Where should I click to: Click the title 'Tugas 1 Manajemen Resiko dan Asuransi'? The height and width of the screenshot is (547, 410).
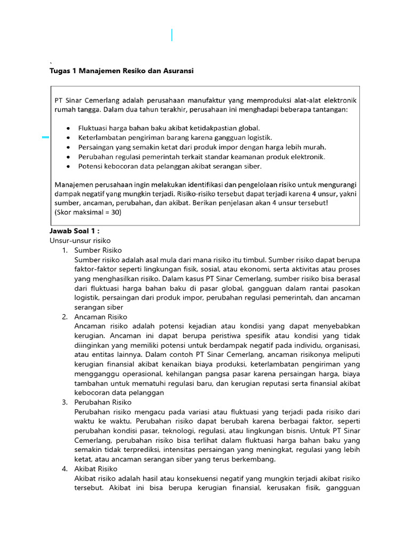pos(121,71)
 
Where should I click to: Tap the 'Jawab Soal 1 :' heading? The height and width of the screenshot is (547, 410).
pos(75,231)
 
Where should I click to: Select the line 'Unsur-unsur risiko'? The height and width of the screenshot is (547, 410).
pos(80,240)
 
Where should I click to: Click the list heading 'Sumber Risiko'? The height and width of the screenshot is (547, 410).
pos(98,250)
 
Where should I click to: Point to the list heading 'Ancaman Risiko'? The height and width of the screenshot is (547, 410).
pos(101,317)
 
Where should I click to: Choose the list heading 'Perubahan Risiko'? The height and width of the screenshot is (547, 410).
pos(103,402)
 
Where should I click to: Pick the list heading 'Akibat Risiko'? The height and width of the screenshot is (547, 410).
pos(96,469)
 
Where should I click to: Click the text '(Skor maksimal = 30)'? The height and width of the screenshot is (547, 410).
pos(88,212)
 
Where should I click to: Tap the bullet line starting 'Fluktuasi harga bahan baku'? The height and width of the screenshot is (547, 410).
pos(169,128)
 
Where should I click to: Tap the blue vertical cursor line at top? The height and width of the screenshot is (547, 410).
pos(172,35)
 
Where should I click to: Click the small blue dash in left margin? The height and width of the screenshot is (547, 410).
pos(45,137)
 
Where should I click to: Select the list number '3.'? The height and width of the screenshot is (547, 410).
pos(64,402)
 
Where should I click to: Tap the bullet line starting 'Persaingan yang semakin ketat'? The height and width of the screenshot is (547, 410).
pos(202,147)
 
